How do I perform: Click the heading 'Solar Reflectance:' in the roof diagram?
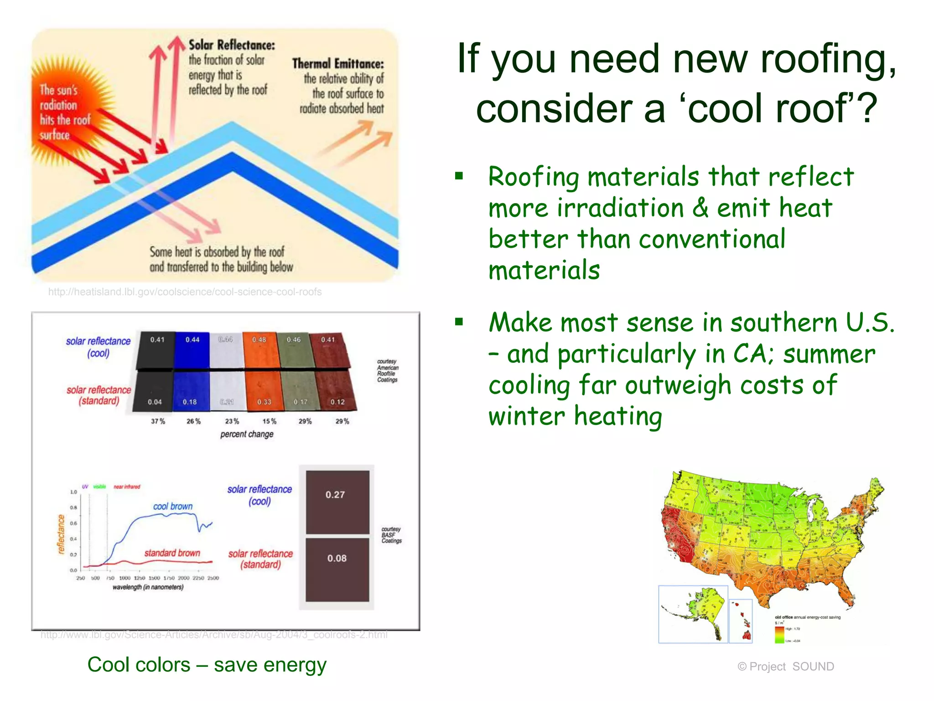point(232,45)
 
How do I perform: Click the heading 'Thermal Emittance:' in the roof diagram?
point(338,63)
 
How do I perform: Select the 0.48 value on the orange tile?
point(259,340)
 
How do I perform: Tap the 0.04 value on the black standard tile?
point(155,402)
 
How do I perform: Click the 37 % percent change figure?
point(158,421)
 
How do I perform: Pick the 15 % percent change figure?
point(269,421)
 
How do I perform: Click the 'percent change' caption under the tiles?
point(247,434)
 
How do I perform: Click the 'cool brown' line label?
point(173,506)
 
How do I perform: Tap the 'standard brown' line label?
point(172,553)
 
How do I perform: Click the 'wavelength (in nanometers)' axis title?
point(148,587)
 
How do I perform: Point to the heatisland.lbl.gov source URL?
point(185,292)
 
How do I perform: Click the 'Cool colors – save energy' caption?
point(207,664)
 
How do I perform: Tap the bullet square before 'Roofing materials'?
point(459,176)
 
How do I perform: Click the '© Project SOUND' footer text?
point(785,667)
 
